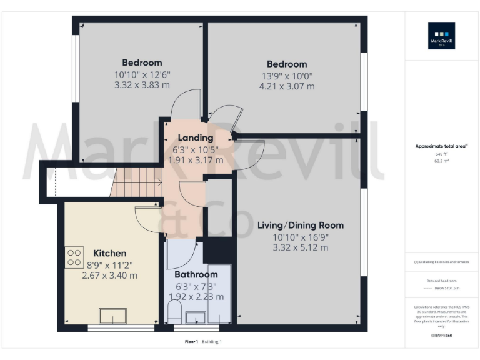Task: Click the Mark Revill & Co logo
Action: (441, 36)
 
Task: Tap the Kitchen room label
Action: (110, 253)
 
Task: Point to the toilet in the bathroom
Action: (175, 312)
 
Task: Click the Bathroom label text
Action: (196, 274)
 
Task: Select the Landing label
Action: (196, 138)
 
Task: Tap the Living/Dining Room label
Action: (301, 225)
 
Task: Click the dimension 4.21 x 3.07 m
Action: (287, 86)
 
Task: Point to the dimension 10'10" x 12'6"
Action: (142, 74)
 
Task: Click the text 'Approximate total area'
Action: (440, 146)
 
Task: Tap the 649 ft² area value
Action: (442, 153)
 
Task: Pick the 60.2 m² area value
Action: (442, 160)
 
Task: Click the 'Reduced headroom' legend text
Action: (442, 282)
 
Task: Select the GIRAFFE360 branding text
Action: (441, 336)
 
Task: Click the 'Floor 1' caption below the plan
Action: (192, 341)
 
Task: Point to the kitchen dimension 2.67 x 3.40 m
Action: (110, 275)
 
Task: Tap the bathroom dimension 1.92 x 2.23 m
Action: (196, 296)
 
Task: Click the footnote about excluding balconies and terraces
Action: (442, 262)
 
